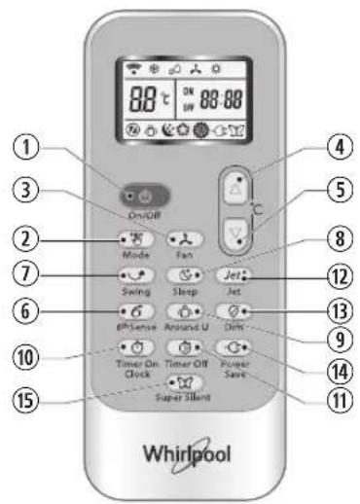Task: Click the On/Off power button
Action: point(137,192)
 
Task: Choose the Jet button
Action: point(230,275)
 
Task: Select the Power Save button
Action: point(230,347)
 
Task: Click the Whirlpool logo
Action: point(182,453)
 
